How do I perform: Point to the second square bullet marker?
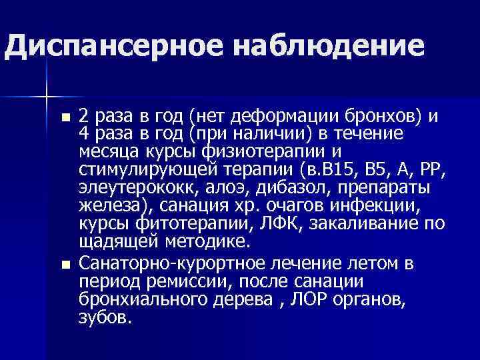pyautogui.click(x=64, y=265)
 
